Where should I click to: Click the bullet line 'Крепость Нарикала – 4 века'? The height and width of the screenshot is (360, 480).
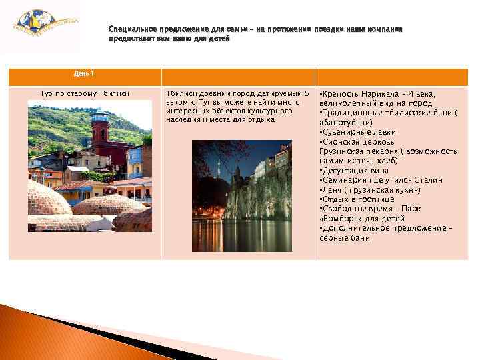click(x=377, y=94)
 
